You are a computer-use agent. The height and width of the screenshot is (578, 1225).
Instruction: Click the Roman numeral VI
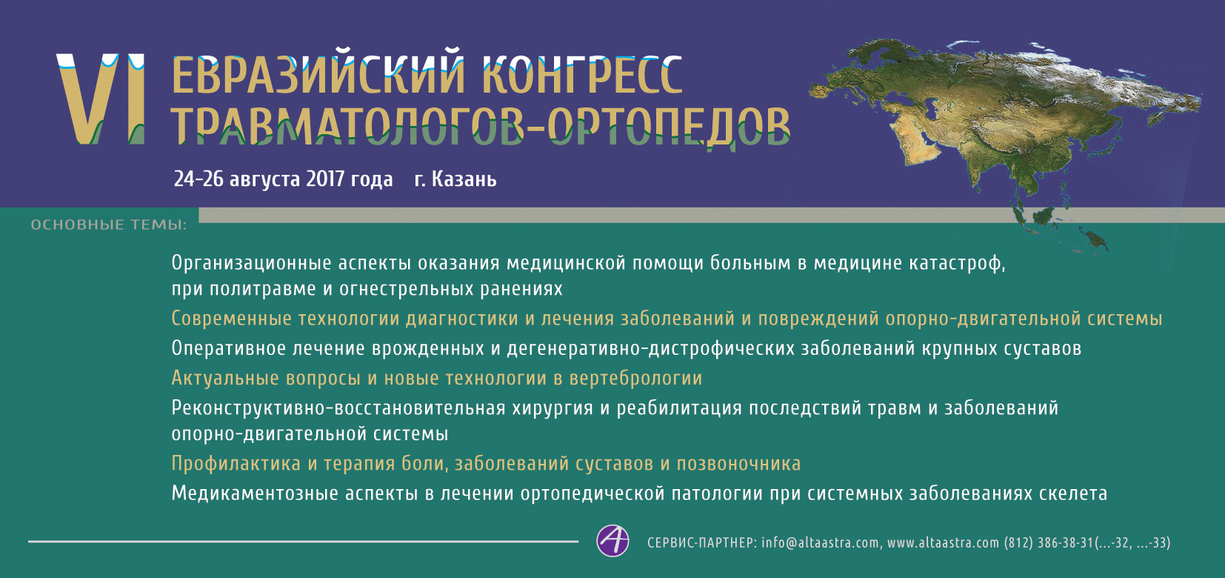(101, 99)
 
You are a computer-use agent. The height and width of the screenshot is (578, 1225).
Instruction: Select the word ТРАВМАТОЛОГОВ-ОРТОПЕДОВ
(481, 125)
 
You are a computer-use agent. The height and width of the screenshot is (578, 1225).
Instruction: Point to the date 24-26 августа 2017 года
(283, 179)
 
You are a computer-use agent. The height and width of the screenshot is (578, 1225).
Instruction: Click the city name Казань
(464, 179)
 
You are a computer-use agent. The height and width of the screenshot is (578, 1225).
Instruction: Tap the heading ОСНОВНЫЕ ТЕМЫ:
(109, 225)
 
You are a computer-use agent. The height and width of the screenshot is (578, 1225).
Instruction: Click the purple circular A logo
(612, 541)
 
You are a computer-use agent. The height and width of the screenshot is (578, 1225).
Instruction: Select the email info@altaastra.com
(821, 542)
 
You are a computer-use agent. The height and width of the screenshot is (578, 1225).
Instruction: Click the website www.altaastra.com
(943, 542)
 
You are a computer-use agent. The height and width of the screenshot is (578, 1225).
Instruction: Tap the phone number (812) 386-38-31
(1048, 542)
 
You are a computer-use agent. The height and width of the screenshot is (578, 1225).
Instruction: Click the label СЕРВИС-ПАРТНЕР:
(702, 542)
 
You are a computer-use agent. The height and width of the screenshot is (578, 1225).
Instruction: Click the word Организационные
(252, 263)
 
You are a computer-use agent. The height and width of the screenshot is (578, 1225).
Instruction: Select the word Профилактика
(236, 464)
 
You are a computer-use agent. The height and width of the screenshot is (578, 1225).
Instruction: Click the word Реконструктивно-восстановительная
(338, 408)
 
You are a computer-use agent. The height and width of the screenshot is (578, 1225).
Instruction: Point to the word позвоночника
(739, 464)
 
